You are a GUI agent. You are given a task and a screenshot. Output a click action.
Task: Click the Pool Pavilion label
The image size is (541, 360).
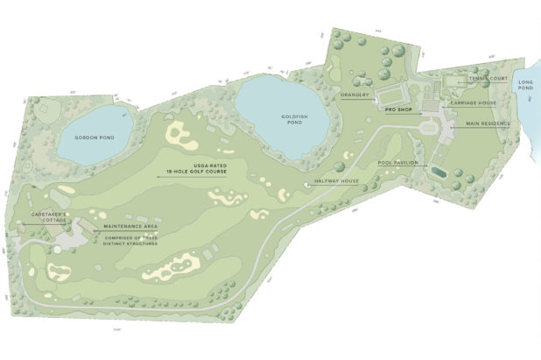click(x=398, y=163)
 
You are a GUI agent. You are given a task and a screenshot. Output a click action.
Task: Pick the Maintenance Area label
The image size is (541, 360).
click(x=132, y=225)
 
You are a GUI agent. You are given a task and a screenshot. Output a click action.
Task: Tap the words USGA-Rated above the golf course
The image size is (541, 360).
click(x=191, y=164)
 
